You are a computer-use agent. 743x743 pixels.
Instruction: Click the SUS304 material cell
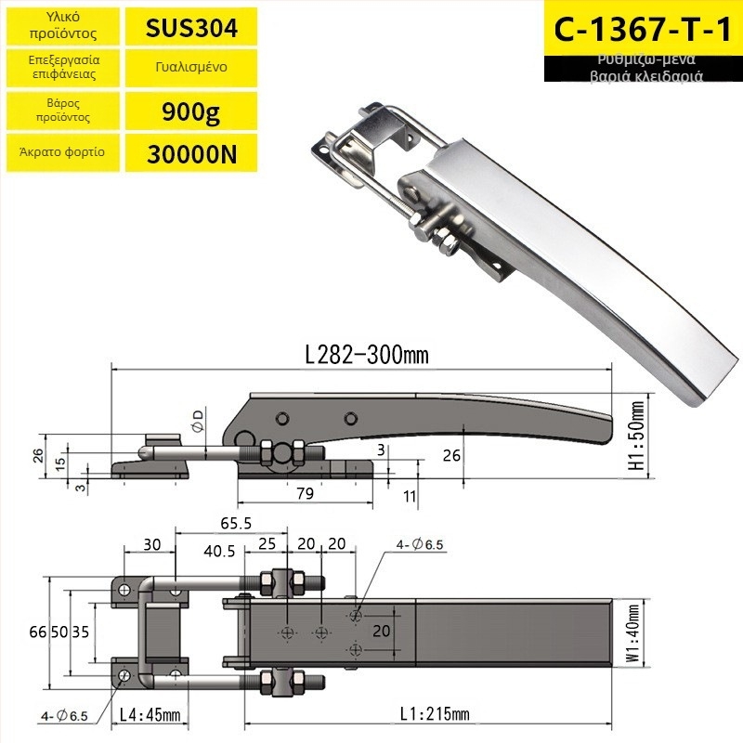[x=191, y=28]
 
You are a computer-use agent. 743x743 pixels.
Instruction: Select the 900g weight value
[x=191, y=111]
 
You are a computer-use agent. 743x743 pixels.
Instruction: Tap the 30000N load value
[x=191, y=153]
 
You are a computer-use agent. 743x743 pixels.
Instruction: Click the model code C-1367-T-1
[x=643, y=30]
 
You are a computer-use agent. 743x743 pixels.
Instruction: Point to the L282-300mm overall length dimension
[x=367, y=355]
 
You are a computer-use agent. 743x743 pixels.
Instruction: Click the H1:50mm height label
[x=638, y=436]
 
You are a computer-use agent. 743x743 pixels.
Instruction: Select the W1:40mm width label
[x=633, y=633]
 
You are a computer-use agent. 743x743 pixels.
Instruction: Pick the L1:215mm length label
[x=435, y=713]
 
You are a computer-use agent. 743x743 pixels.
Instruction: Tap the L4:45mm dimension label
[x=150, y=714]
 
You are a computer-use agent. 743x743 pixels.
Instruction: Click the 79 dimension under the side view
[x=306, y=493]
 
